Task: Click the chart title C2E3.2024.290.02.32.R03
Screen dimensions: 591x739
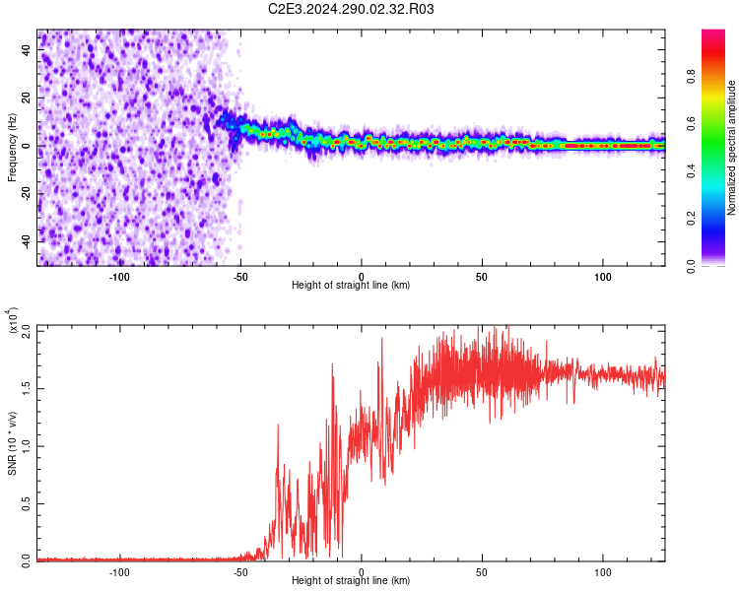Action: point(351,9)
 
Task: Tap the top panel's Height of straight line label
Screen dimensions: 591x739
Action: point(351,285)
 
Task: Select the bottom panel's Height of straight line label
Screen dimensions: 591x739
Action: point(351,580)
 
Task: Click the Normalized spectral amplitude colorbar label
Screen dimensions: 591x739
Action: point(731,148)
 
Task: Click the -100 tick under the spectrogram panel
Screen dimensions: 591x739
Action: point(120,275)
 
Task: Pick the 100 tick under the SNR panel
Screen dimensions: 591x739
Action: point(603,570)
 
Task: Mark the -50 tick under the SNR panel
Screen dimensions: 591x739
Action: point(240,570)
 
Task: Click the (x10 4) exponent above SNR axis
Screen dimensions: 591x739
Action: point(12,320)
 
